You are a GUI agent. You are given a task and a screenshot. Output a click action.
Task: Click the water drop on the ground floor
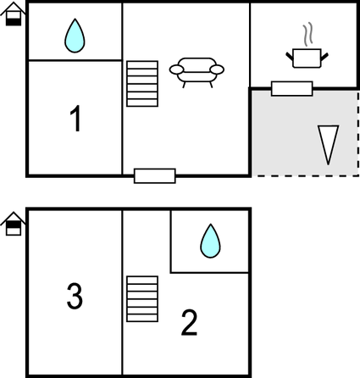coord(75,36)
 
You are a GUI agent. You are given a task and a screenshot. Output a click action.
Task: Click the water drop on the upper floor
coord(210,241)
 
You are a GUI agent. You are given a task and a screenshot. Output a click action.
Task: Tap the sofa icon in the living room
coord(197,72)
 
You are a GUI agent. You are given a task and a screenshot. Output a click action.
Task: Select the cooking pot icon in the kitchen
coord(307,58)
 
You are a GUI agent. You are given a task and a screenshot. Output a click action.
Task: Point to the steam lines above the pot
coord(308,34)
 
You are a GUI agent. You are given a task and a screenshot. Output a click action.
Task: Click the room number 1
coord(75,119)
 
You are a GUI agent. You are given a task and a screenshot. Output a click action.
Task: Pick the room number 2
coord(189,323)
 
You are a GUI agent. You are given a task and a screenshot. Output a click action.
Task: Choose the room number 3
coord(75,296)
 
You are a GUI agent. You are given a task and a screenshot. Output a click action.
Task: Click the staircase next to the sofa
coord(142,84)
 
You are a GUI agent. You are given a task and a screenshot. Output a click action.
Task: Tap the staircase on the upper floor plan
coord(142,298)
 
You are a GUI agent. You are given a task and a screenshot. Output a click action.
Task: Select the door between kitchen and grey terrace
coord(292,89)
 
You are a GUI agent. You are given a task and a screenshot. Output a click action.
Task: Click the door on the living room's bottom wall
coord(155,176)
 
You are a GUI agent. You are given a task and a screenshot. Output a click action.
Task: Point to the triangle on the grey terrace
coord(328,144)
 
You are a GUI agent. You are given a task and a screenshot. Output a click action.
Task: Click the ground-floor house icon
coord(14,14)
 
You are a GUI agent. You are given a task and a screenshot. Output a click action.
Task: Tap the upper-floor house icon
coord(14,224)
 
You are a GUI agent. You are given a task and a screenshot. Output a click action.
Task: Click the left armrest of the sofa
coord(176,69)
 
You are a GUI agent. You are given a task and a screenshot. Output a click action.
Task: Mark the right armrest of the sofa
coord(217,69)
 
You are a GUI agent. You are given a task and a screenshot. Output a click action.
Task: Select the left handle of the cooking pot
coord(290,56)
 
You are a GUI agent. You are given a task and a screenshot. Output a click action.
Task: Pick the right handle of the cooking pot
coord(324,57)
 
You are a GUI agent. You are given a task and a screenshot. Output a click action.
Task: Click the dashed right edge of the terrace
coord(358,133)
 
